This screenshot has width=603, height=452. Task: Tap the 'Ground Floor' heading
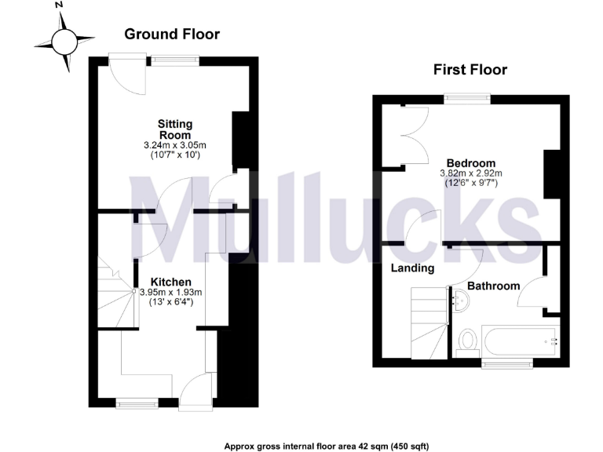pyautogui.click(x=172, y=34)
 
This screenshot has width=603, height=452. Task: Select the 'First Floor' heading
pyautogui.click(x=470, y=70)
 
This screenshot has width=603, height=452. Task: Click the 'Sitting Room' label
pyautogui.click(x=174, y=129)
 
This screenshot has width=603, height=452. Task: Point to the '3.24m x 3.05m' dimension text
pyautogui.click(x=174, y=145)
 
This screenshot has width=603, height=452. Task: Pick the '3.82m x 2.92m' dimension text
pyautogui.click(x=471, y=173)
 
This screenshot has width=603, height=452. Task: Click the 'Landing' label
pyautogui.click(x=413, y=268)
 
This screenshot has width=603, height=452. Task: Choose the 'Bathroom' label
pyautogui.click(x=493, y=286)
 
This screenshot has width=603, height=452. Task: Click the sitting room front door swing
pyautogui.click(x=126, y=77)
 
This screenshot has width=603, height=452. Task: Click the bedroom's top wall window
pyautogui.click(x=466, y=98)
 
